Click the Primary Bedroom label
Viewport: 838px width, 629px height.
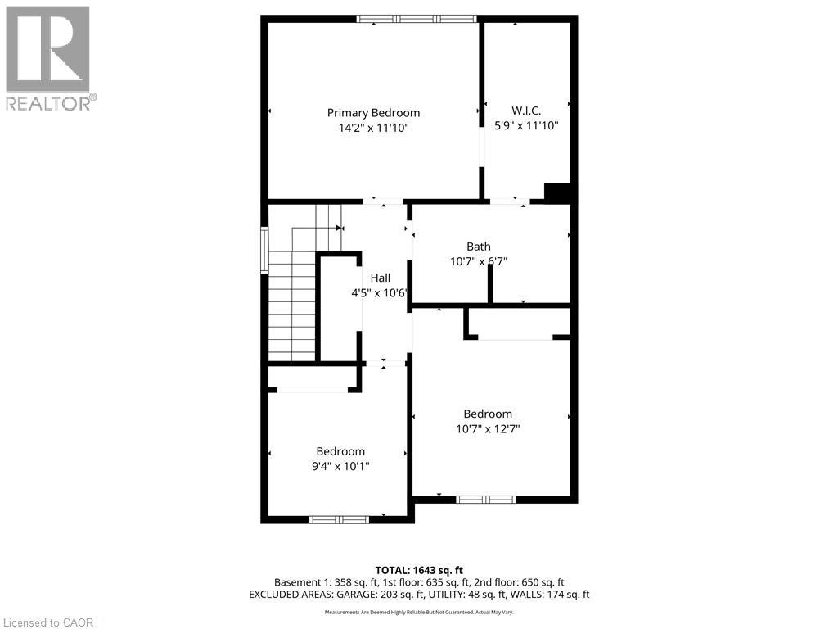click(373, 113)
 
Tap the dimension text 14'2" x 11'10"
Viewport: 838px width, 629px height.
click(373, 128)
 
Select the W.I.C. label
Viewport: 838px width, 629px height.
click(526, 111)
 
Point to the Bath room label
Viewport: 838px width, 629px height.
click(479, 247)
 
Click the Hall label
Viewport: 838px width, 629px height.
click(380, 278)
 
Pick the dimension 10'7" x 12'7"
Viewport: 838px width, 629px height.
click(488, 428)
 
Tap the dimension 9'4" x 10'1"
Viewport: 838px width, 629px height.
click(340, 466)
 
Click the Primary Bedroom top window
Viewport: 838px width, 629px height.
click(417, 19)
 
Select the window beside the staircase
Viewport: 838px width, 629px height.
click(264, 250)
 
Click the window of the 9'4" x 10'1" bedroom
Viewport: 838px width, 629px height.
click(339, 518)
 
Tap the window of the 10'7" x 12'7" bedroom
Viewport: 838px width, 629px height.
click(485, 499)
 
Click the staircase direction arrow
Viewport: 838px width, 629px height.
click(339, 228)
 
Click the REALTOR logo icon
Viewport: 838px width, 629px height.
click(47, 48)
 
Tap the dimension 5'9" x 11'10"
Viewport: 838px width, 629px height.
click(526, 125)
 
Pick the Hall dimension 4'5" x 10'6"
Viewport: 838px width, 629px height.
click(378, 293)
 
